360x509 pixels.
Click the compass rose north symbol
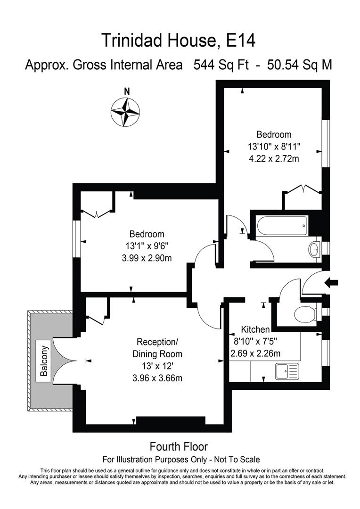126,112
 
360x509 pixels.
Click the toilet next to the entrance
306,313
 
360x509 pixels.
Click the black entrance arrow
332,282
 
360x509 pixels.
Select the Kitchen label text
255,329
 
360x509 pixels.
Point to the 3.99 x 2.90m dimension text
147,258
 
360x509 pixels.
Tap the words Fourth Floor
179,446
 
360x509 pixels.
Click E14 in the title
241,41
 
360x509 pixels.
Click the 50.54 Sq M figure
299,65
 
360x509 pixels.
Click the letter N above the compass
126,91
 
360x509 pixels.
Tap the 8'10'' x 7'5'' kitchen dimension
254,342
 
